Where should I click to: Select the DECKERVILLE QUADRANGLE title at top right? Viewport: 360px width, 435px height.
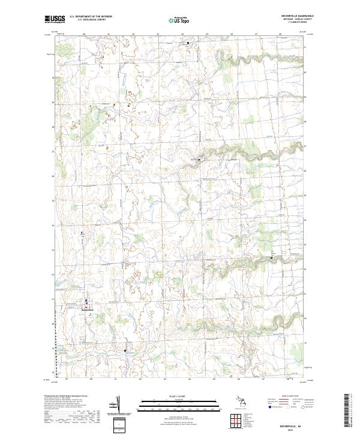[x=292, y=16]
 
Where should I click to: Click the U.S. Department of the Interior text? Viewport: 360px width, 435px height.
[x=91, y=16]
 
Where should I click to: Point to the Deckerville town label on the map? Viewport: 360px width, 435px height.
[x=87, y=309]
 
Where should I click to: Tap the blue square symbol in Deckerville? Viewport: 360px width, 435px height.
[x=86, y=301]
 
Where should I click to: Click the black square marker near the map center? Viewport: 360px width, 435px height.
[x=199, y=160]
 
